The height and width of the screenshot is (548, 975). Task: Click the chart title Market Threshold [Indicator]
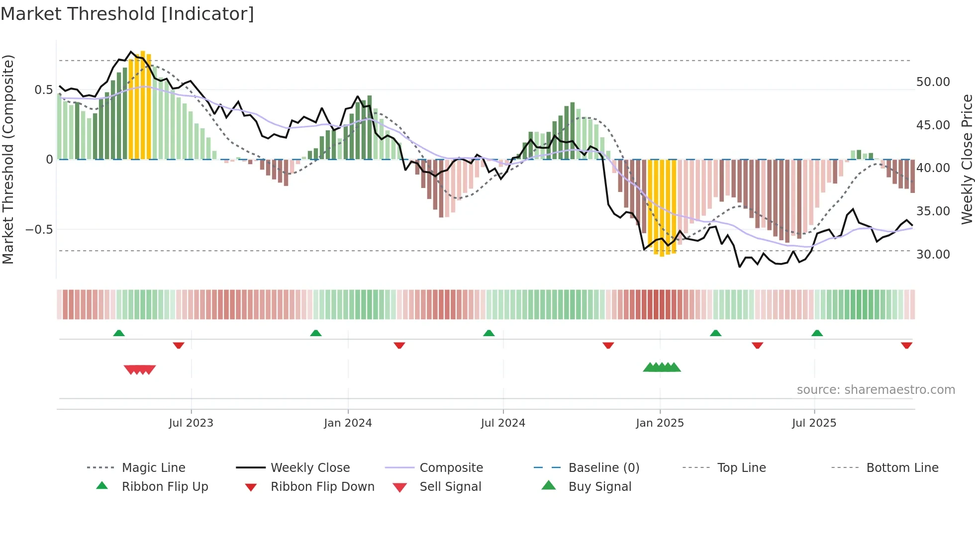click(x=127, y=14)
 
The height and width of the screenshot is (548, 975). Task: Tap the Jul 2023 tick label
click(x=191, y=423)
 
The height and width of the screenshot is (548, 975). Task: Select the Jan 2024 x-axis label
click(x=348, y=423)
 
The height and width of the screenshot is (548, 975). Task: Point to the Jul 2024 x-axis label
click(x=503, y=423)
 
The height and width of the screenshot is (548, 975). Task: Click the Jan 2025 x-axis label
click(x=660, y=423)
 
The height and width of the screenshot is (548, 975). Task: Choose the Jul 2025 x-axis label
click(x=814, y=423)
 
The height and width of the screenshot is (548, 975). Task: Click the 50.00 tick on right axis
click(x=933, y=82)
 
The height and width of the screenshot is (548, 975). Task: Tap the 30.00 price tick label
click(x=933, y=255)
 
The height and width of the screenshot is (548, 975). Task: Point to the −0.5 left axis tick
click(x=39, y=230)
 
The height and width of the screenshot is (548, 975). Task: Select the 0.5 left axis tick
click(x=43, y=90)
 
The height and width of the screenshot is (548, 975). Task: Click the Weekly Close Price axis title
click(x=967, y=159)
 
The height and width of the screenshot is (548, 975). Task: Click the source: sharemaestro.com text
click(x=876, y=390)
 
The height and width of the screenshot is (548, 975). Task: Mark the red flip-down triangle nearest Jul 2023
click(x=179, y=346)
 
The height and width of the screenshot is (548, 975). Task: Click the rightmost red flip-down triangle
click(x=906, y=346)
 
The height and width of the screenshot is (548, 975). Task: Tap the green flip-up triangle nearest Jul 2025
click(x=817, y=333)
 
